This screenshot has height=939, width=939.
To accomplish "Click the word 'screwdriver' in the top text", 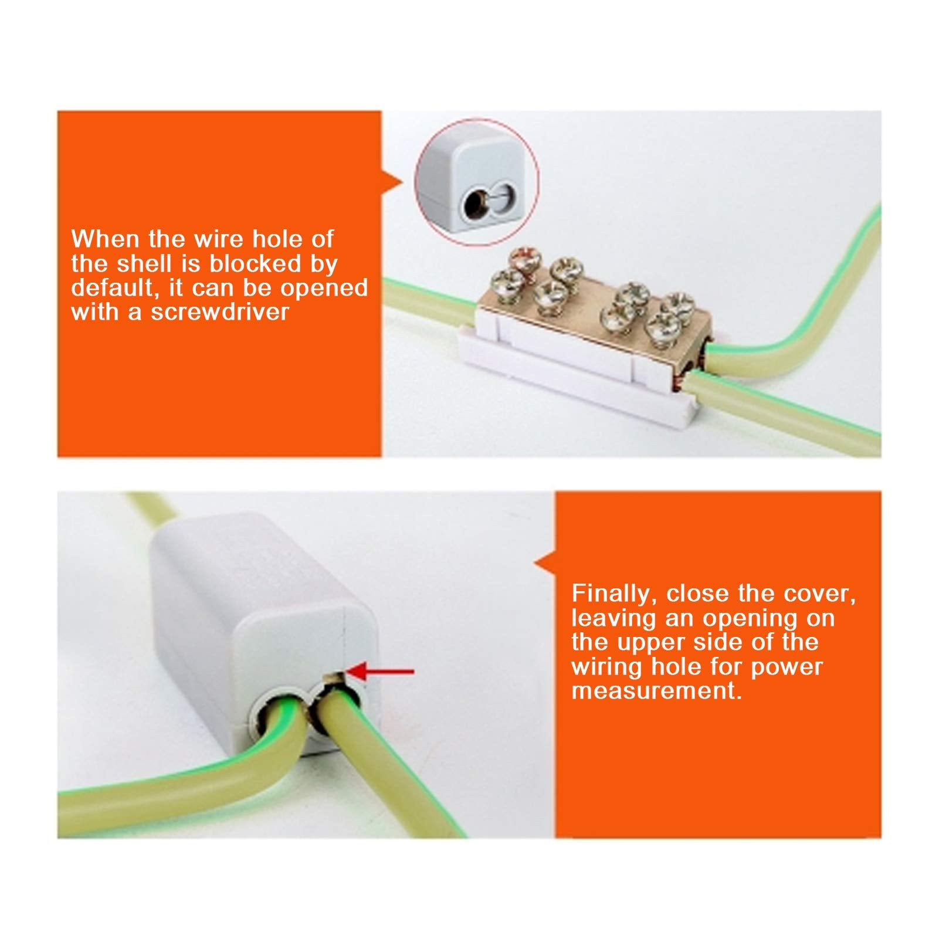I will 220,312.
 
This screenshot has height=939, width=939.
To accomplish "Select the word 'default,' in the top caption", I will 116,288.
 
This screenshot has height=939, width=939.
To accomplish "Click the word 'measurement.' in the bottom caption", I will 656,690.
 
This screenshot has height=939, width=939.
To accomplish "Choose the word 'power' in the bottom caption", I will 787,666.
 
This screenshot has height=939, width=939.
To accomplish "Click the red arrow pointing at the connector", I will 381,672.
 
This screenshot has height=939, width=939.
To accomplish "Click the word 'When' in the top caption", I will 105,239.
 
